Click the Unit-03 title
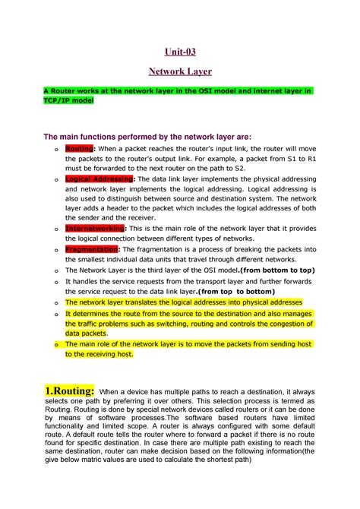tap(180, 52)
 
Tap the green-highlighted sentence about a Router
tap(176, 90)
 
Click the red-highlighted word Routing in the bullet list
tap(79, 149)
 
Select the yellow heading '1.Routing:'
tap(69, 390)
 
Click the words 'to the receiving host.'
tap(99, 353)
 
